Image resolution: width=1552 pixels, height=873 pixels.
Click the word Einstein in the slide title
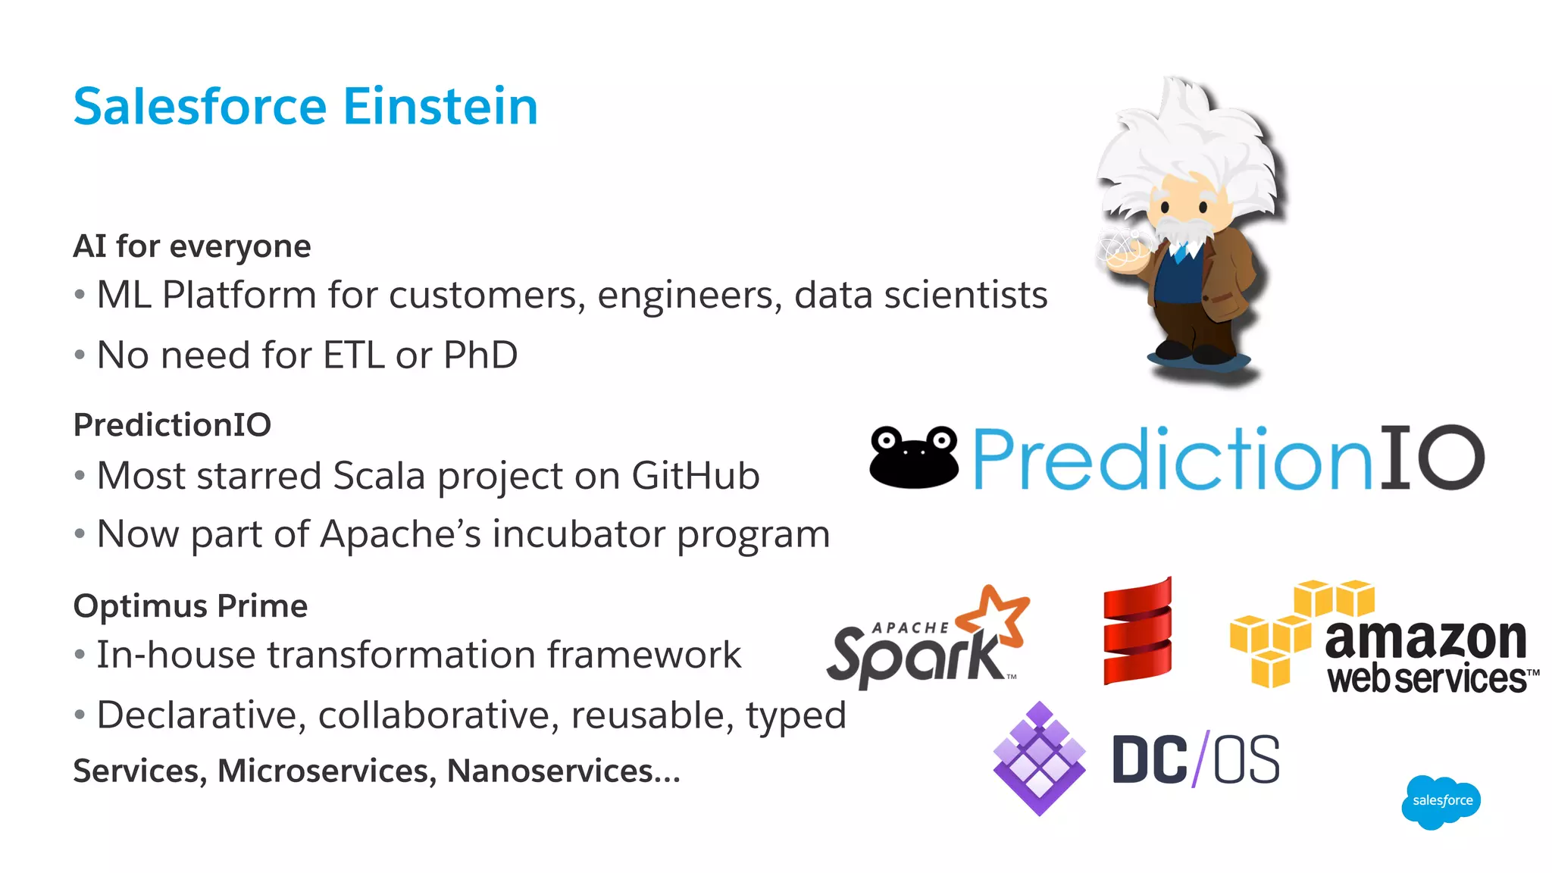pos(440,106)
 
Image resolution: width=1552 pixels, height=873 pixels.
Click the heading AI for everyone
pos(192,246)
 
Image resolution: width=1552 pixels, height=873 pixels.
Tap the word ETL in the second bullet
pos(353,355)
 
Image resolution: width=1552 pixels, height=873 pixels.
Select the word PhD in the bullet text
pos(480,355)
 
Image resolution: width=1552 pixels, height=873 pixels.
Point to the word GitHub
pos(695,476)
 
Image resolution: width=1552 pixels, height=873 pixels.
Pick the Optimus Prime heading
pos(190,606)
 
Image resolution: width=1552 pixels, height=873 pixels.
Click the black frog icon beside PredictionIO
pos(914,457)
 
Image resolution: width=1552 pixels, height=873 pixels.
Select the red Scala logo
pos(1137,631)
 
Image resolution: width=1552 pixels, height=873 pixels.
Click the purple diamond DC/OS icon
pos(1039,759)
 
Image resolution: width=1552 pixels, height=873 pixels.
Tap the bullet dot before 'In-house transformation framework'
pos(80,654)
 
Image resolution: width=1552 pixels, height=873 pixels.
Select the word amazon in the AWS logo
pos(1425,639)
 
